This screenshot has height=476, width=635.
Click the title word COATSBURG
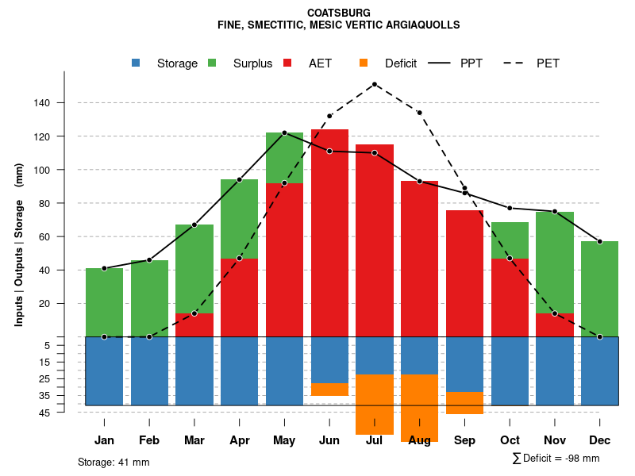[338, 13]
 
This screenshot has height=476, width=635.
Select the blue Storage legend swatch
[136, 63]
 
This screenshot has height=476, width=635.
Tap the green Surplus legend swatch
[212, 63]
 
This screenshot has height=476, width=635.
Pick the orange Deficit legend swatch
[364, 63]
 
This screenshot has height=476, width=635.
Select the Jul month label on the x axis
[375, 440]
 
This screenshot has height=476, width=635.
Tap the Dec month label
[600, 440]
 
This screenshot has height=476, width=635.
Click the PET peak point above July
[375, 84]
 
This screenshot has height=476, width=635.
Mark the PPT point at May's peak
[284, 132]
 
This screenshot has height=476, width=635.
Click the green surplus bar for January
[104, 302]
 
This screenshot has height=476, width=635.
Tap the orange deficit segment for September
[464, 402]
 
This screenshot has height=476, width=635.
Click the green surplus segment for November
[555, 263]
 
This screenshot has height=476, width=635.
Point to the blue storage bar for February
[149, 370]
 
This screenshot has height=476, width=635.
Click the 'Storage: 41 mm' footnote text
[114, 462]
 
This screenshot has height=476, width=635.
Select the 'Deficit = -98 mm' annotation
[560, 458]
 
